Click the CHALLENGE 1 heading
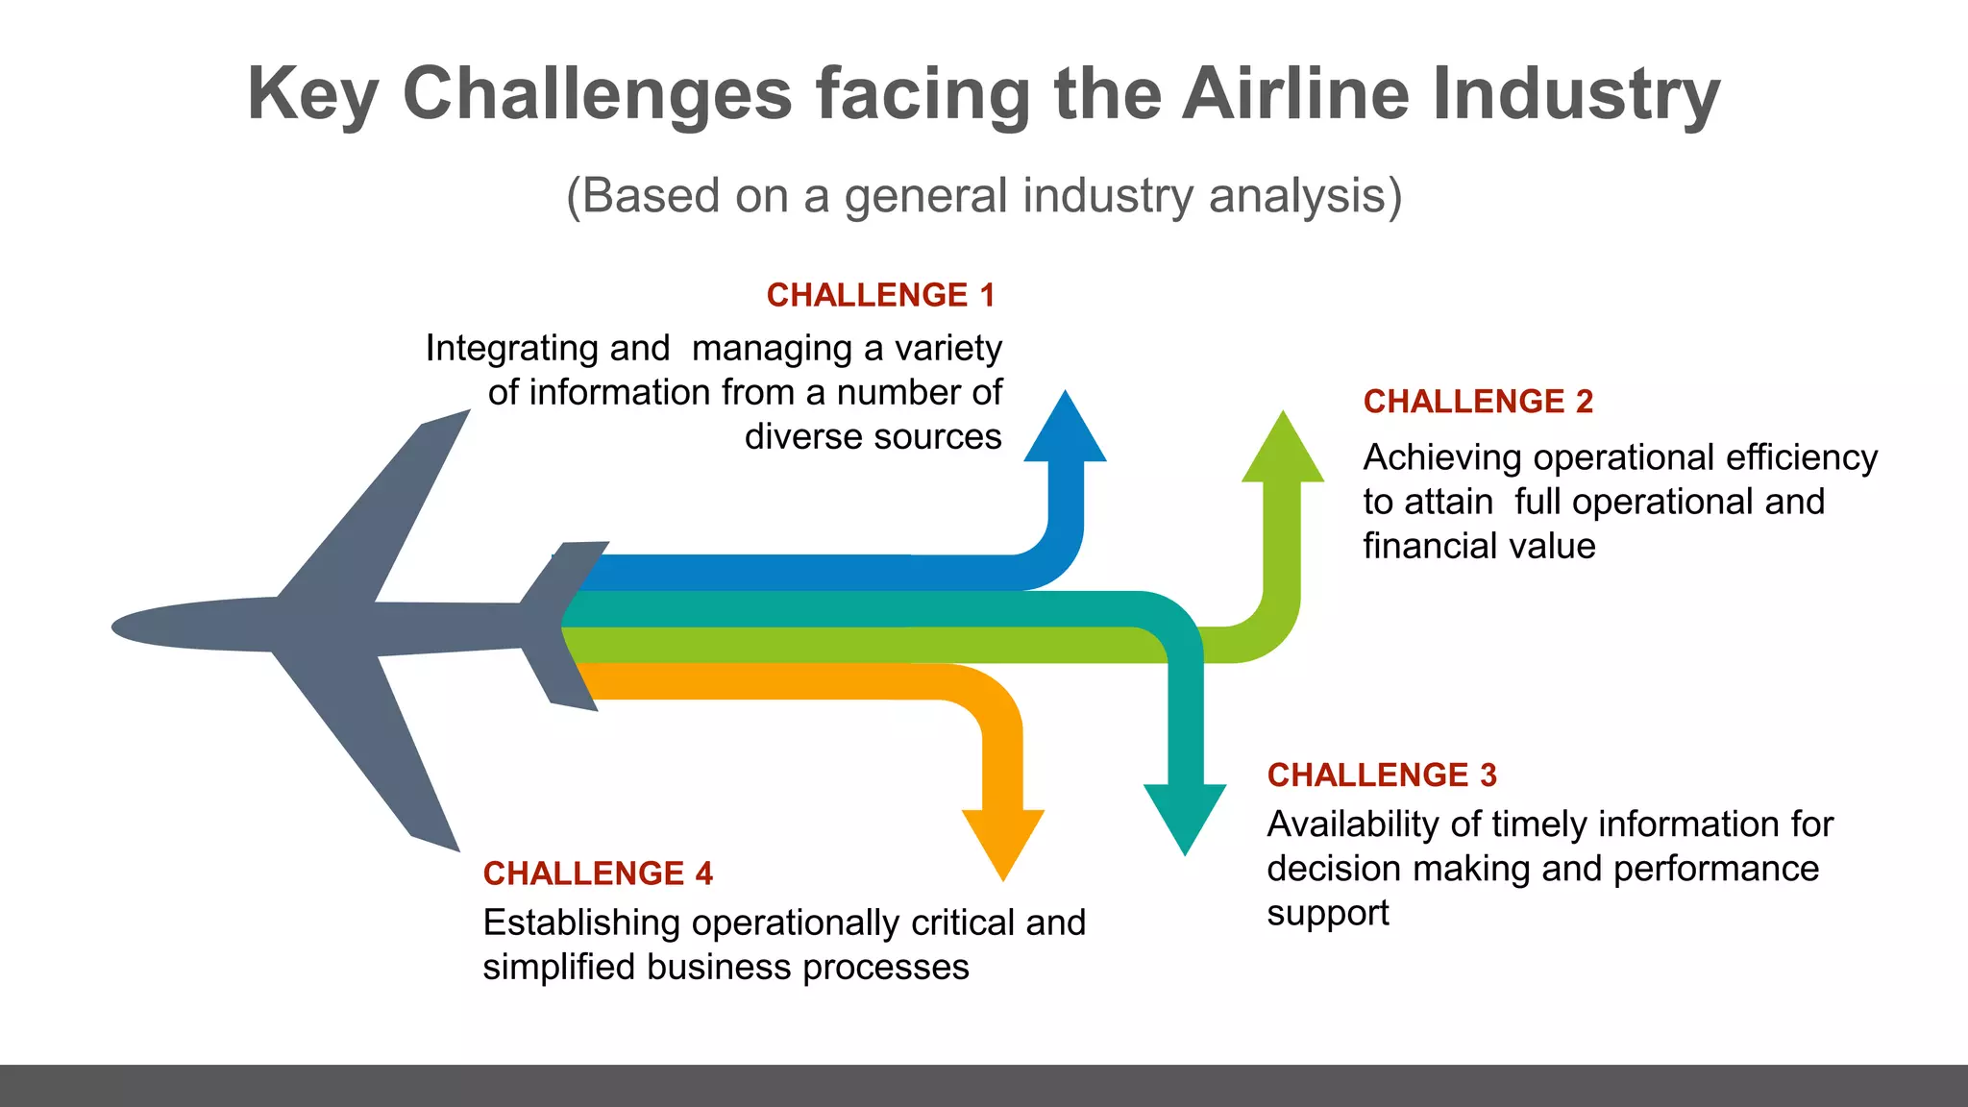coord(880,295)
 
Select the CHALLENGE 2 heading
coord(1478,402)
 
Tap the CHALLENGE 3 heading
coord(1382,775)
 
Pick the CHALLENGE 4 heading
coord(598,873)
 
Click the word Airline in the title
coord(1295,94)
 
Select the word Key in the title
coord(312,94)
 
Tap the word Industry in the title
coord(1576,94)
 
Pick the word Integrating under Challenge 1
coord(547,349)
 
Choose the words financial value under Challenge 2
coord(1479,546)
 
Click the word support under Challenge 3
coord(1327,913)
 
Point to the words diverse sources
coord(873,437)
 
